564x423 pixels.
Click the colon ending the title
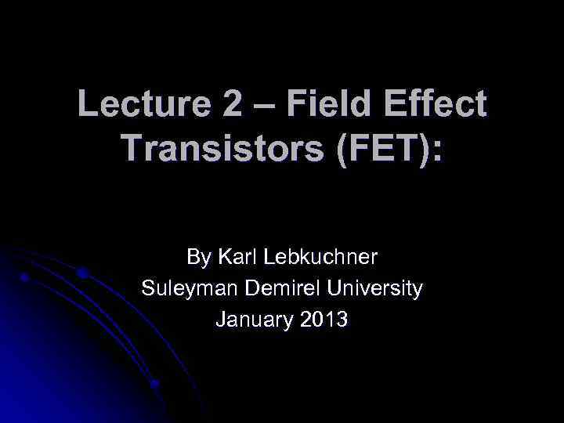tap(436, 149)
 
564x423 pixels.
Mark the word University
tap(375, 288)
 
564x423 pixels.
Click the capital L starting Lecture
tap(88, 105)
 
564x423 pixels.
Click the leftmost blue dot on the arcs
tap(24, 277)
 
